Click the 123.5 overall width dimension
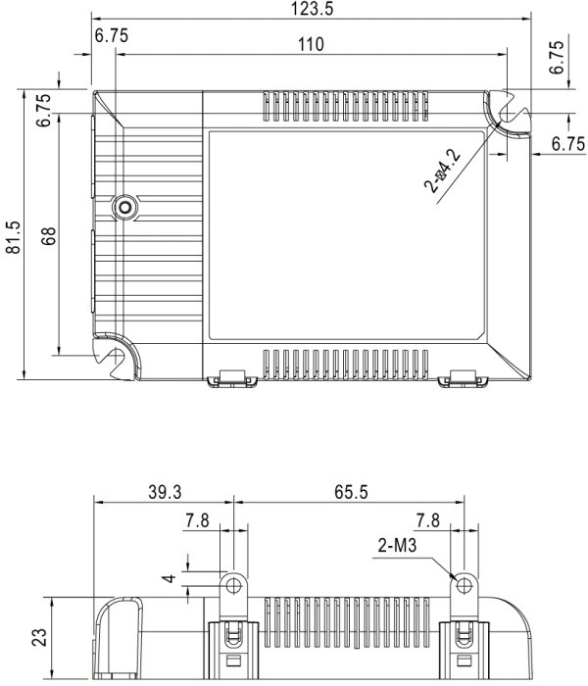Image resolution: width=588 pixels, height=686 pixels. coord(311,10)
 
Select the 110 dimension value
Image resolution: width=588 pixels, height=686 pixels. coord(311,45)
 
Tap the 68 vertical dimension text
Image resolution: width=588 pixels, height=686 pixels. coord(49,235)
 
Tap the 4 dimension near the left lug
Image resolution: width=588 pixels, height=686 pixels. coord(170,579)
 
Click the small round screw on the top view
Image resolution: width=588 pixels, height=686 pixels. coord(124,206)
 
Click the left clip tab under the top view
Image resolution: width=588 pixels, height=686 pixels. coord(228,377)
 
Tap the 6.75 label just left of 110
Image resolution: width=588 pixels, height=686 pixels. coord(112,35)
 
